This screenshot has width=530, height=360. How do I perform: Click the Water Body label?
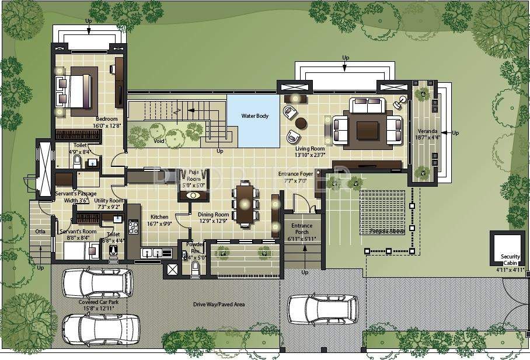pos(255,116)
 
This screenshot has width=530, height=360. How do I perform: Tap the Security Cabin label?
pos(507,260)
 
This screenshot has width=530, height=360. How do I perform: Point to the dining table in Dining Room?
pos(245,204)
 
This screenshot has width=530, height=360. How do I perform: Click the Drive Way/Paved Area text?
pos(219,305)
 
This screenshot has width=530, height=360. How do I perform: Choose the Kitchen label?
pos(159,216)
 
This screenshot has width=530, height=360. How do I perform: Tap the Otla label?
pos(40,231)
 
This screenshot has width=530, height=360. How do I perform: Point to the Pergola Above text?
pos(386,231)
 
